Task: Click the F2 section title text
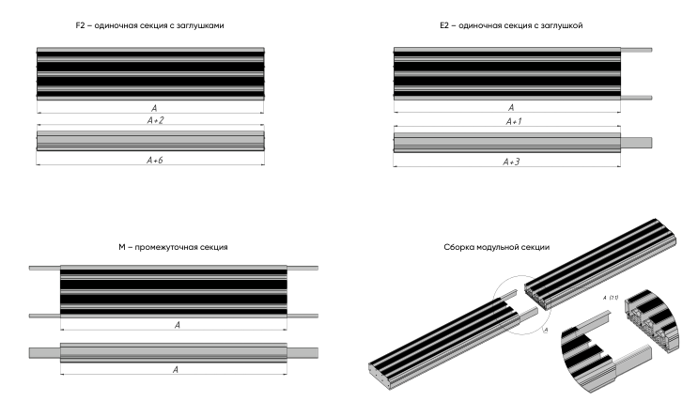point(149,25)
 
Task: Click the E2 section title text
point(510,25)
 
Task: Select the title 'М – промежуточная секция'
point(173,247)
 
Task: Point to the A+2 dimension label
point(149,121)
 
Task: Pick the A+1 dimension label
point(510,121)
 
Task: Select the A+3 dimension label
point(510,162)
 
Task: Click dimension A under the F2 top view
point(149,108)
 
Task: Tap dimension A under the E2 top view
point(510,108)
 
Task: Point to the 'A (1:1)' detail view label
point(610,298)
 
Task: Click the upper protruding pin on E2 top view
point(636,49)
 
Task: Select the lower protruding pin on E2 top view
point(636,97)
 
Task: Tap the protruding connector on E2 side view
point(637,142)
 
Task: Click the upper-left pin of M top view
point(44,268)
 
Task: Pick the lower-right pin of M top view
point(302,316)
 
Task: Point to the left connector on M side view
point(44,352)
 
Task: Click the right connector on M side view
point(302,352)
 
